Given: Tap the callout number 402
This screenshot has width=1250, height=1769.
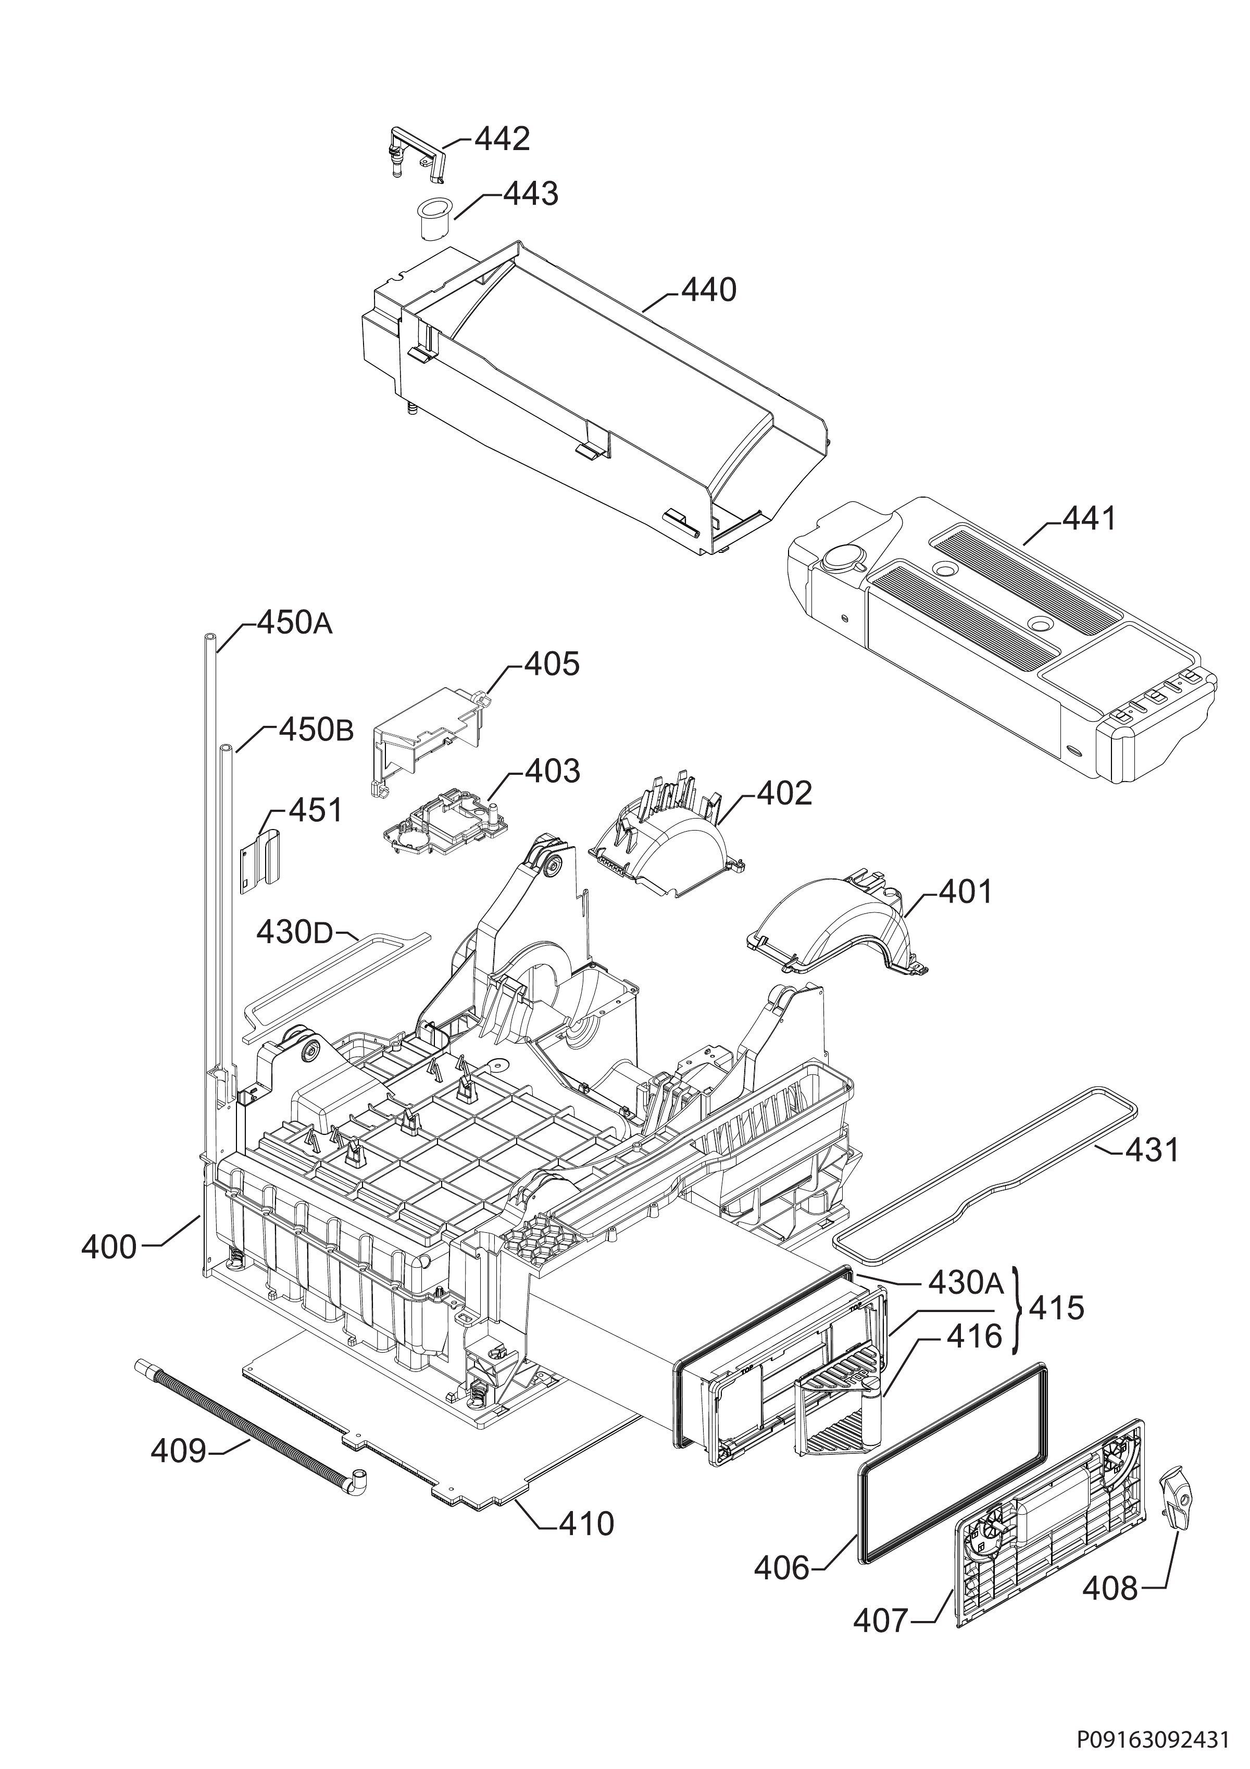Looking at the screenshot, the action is point(784,793).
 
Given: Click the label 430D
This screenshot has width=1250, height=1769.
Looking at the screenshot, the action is point(293,933).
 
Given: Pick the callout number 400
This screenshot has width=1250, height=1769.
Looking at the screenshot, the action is point(109,1246).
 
